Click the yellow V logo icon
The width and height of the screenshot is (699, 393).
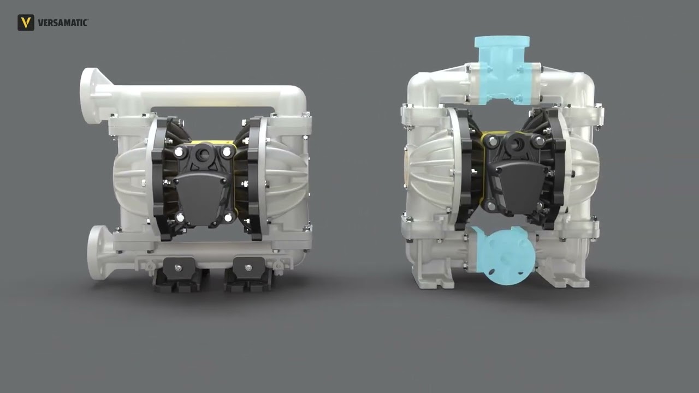click(x=26, y=22)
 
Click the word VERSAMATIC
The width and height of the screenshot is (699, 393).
click(x=63, y=23)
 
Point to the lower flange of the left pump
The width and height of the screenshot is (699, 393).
click(x=97, y=252)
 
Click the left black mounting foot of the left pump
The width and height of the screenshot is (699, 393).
click(x=178, y=275)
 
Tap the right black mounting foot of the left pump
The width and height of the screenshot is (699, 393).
click(x=248, y=275)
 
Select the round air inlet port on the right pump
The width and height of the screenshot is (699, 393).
click(x=516, y=144)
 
